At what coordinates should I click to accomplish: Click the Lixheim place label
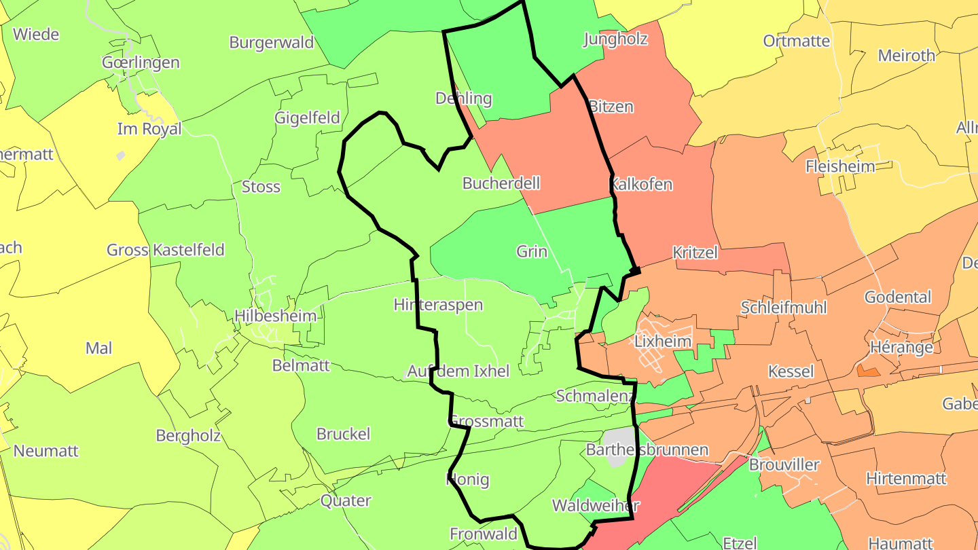pyautogui.click(x=663, y=341)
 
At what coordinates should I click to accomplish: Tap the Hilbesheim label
pyautogui.click(x=276, y=316)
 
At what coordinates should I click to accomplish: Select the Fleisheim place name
pyautogui.click(x=840, y=166)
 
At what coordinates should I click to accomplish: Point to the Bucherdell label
pyautogui.click(x=501, y=183)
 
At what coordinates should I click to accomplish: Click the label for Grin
pyautogui.click(x=532, y=251)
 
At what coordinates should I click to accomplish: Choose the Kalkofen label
pyautogui.click(x=642, y=184)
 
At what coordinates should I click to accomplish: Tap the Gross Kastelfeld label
pyautogui.click(x=166, y=250)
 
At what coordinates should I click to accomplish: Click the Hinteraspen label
pyautogui.click(x=438, y=305)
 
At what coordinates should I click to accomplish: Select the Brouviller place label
pyautogui.click(x=784, y=465)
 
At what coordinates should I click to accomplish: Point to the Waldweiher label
pyautogui.click(x=596, y=505)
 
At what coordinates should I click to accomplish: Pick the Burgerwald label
pyautogui.click(x=272, y=42)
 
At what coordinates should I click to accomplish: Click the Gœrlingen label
pyautogui.click(x=141, y=62)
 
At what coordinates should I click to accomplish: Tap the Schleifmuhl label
pyautogui.click(x=784, y=307)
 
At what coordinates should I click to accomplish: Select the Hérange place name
pyautogui.click(x=902, y=347)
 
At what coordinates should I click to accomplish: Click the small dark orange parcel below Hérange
pyautogui.click(x=868, y=371)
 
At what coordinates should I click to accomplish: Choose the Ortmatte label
pyautogui.click(x=797, y=41)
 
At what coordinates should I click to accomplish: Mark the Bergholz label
pyautogui.click(x=188, y=435)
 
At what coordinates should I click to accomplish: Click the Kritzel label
pyautogui.click(x=695, y=253)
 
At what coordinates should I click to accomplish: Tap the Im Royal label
pyautogui.click(x=149, y=128)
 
